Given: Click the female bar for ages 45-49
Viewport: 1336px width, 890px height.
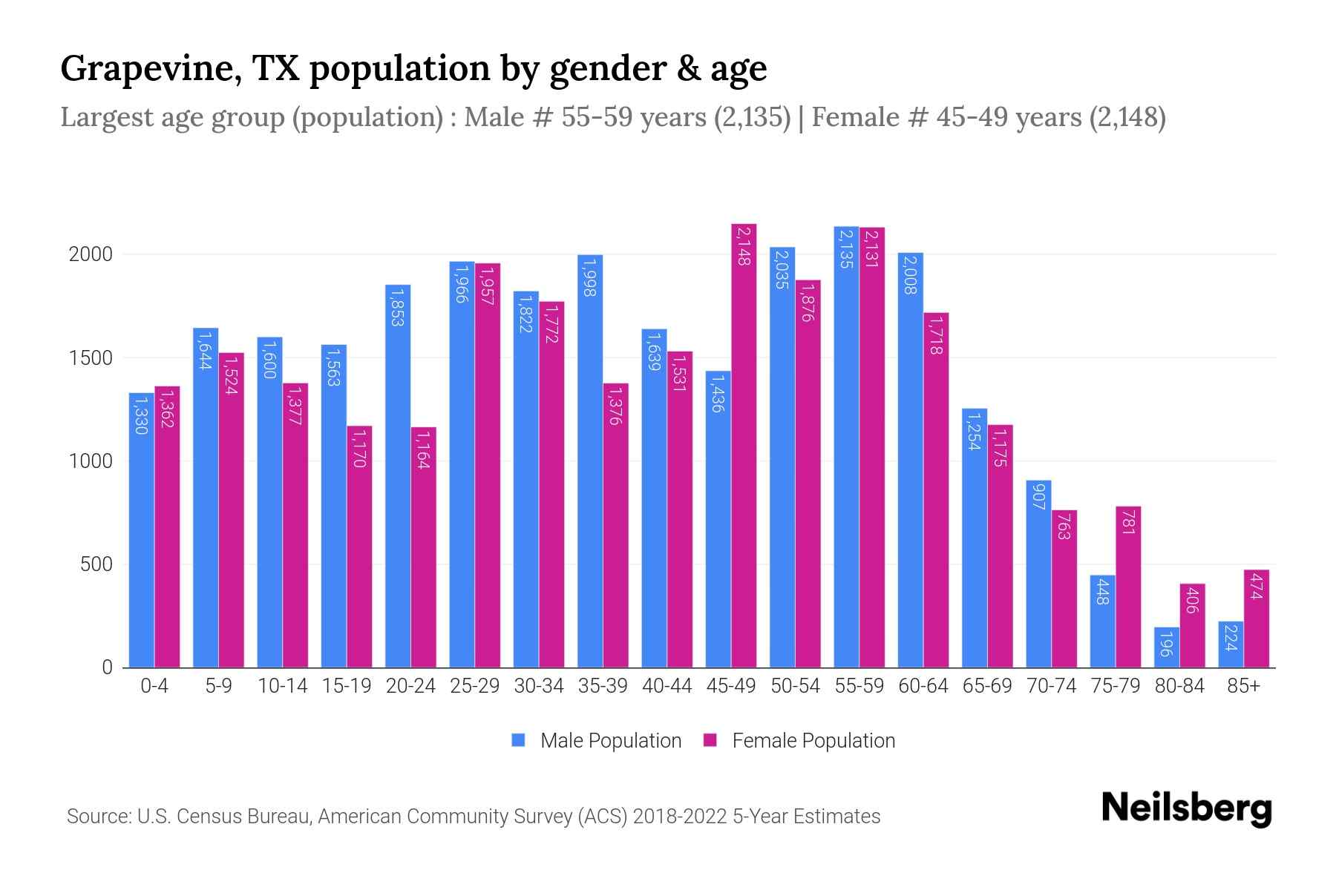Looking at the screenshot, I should point(744,445).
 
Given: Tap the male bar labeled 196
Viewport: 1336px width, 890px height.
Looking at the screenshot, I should point(1167,647).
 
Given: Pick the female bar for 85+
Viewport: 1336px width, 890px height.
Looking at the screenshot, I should point(1257,619).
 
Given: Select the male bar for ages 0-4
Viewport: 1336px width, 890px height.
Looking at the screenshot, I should point(142,530).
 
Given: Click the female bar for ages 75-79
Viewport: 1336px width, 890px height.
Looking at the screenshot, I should point(1128,587).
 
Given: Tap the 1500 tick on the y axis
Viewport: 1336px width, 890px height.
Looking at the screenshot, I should point(91,358).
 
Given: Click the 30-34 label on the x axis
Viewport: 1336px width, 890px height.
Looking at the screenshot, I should point(539,686).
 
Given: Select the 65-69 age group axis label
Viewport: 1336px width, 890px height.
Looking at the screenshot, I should point(987,686).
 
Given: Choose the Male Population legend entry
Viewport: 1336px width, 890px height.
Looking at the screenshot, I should point(610,741).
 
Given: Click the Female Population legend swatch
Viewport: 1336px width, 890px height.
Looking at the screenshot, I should point(710,740).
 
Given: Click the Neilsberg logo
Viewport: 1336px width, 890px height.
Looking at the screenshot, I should point(1186,808).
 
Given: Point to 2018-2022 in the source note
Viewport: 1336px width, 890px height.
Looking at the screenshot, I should point(680,817).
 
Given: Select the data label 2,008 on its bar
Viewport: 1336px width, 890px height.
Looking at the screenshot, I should point(911,275).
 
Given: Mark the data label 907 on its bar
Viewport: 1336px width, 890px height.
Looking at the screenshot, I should point(1038,497).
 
